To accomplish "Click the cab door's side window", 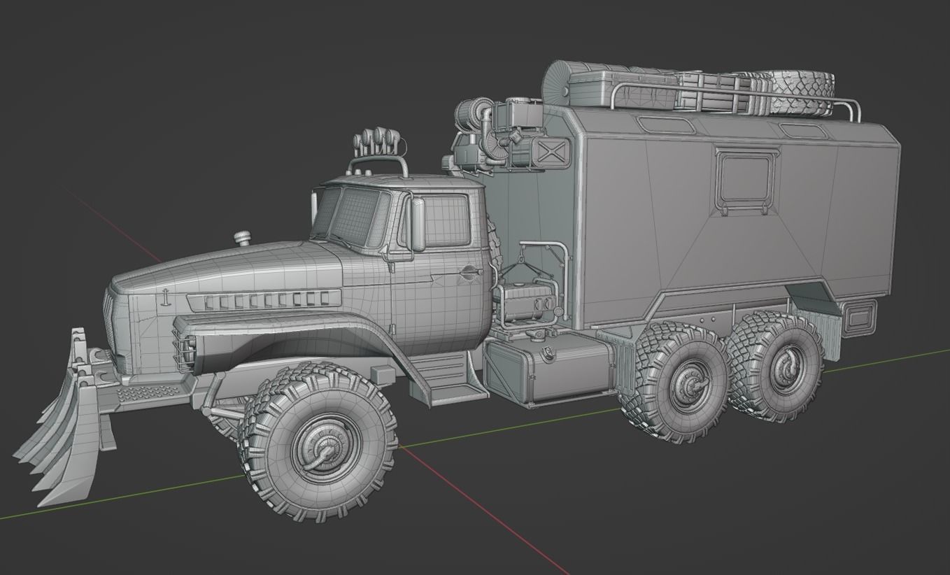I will (x=445, y=219).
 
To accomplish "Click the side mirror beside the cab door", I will (x=418, y=224).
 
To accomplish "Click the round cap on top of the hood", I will (x=242, y=238).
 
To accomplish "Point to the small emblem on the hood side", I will (x=165, y=296).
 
